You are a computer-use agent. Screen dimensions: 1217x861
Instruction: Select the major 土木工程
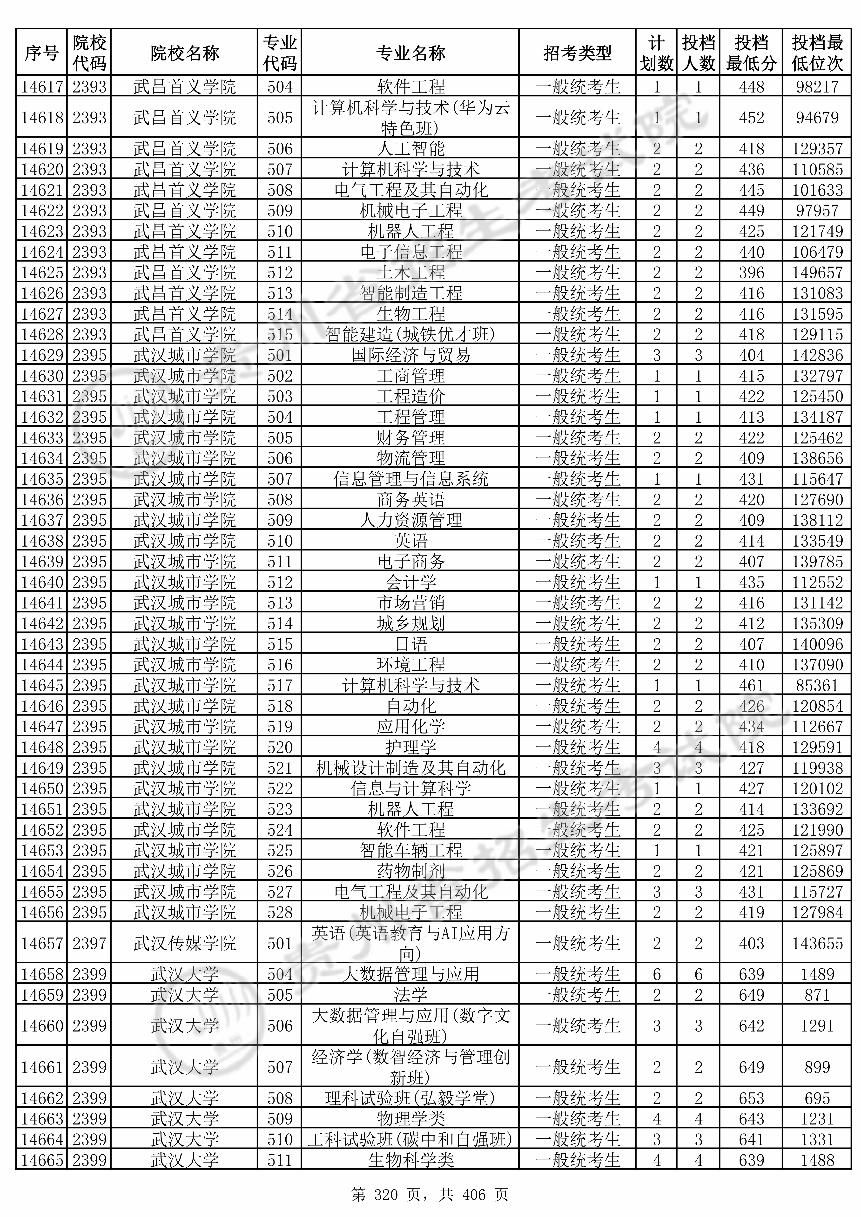pos(410,272)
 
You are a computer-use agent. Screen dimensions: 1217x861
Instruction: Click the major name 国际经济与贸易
pos(410,355)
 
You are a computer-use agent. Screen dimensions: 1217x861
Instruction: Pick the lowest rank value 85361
pos(817,685)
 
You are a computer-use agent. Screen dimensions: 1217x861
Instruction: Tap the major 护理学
pos(410,747)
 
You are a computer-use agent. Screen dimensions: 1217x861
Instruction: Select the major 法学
pos(410,995)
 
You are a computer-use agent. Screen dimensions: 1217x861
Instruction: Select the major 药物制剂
pos(410,871)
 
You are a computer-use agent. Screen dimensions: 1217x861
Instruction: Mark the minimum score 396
pos(751,272)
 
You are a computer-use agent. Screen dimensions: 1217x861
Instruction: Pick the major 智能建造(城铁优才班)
pos(410,334)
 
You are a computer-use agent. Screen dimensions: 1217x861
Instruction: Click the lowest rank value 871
pos(817,995)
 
